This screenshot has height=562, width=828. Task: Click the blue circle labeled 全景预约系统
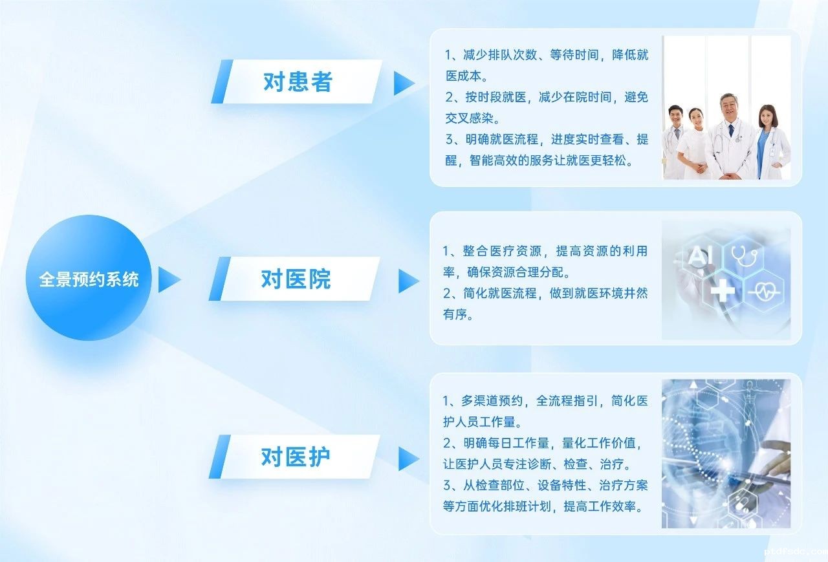[x=89, y=278]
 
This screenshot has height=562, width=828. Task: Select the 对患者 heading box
[x=297, y=81]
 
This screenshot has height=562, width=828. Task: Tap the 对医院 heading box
[x=295, y=279]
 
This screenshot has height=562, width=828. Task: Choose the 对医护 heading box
[x=295, y=457]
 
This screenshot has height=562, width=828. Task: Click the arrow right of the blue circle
[x=169, y=280]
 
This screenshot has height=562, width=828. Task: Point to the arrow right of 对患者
[x=404, y=83]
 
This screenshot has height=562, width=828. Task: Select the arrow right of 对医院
[x=408, y=281]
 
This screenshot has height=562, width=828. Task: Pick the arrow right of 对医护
[x=408, y=459]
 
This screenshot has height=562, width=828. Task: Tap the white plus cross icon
[x=723, y=290]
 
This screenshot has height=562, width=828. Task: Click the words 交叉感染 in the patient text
[x=470, y=118]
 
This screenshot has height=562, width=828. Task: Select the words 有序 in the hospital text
[x=455, y=314]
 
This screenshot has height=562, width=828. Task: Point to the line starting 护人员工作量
[x=482, y=422]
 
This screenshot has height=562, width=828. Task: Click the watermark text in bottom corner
[x=796, y=552]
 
